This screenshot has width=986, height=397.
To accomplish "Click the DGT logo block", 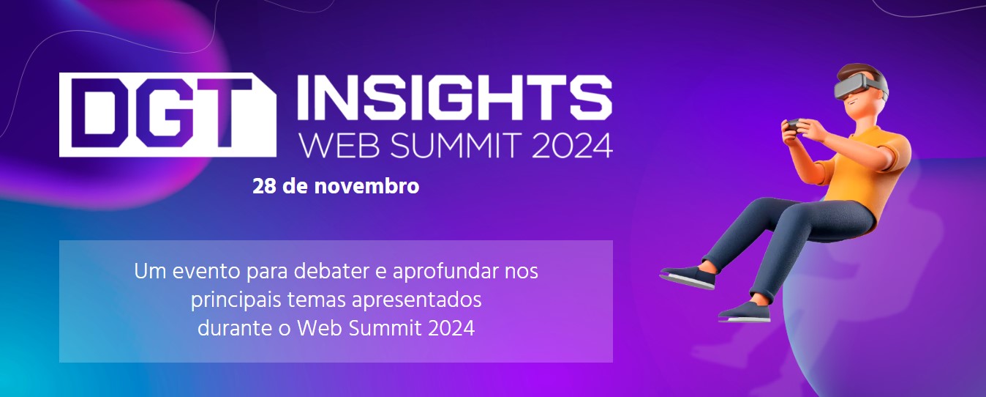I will [168, 114].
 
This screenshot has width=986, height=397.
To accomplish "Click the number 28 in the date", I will [263, 187].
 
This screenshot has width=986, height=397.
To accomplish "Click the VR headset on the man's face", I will [860, 87].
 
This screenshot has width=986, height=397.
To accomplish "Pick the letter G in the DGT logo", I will [168, 114].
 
